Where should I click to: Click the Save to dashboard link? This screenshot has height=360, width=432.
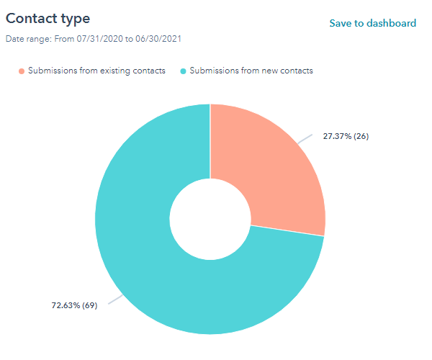click(x=372, y=23)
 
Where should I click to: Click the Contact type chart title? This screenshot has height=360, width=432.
click(x=53, y=18)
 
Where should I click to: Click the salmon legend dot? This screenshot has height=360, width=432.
click(x=22, y=71)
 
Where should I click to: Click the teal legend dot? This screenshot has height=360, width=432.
click(x=183, y=71)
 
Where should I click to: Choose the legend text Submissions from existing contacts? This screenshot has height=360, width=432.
click(x=96, y=71)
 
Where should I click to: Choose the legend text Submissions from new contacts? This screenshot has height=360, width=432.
click(x=251, y=71)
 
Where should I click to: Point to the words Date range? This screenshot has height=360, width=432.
click(x=26, y=38)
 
